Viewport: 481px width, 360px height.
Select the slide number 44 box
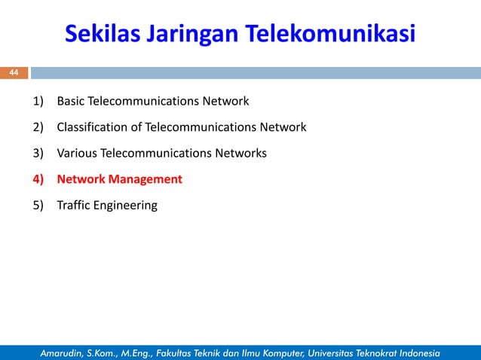pyautogui.click(x=14, y=72)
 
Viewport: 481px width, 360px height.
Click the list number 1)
pyautogui.click(x=38, y=101)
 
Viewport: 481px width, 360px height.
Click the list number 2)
pyautogui.click(x=38, y=127)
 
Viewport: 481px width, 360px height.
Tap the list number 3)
pyautogui.click(x=38, y=154)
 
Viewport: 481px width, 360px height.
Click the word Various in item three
pyautogui.click(x=77, y=154)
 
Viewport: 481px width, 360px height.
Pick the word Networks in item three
pyautogui.click(x=240, y=154)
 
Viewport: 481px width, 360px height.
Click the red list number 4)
pyautogui.click(x=38, y=180)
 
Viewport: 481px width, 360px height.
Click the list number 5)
pyautogui.click(x=38, y=206)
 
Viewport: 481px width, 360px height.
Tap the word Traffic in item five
pyautogui.click(x=74, y=206)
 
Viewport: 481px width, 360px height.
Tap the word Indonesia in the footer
pyautogui.click(x=422, y=352)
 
